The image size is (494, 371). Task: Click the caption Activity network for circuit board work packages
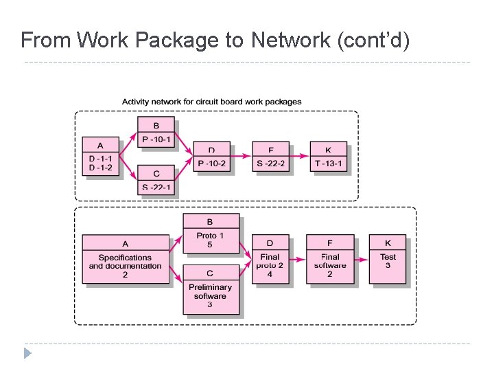[x=211, y=102]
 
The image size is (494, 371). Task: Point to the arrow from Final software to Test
[x=362, y=260]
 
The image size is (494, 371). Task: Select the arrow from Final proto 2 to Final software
[x=298, y=260]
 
